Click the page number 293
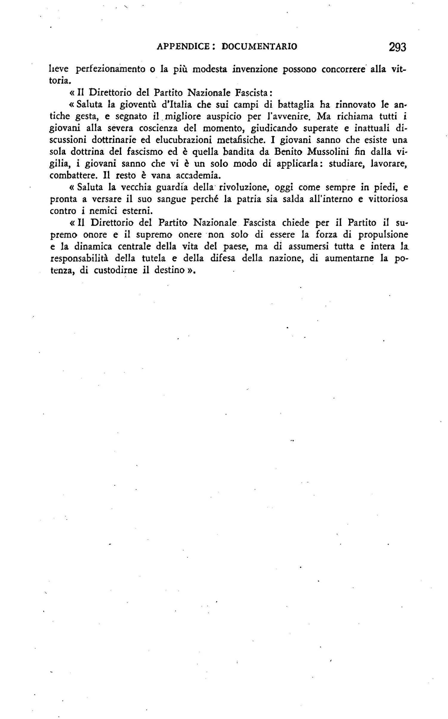point(397,47)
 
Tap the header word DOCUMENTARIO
point(259,47)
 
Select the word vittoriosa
point(387,199)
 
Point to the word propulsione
point(383,235)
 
